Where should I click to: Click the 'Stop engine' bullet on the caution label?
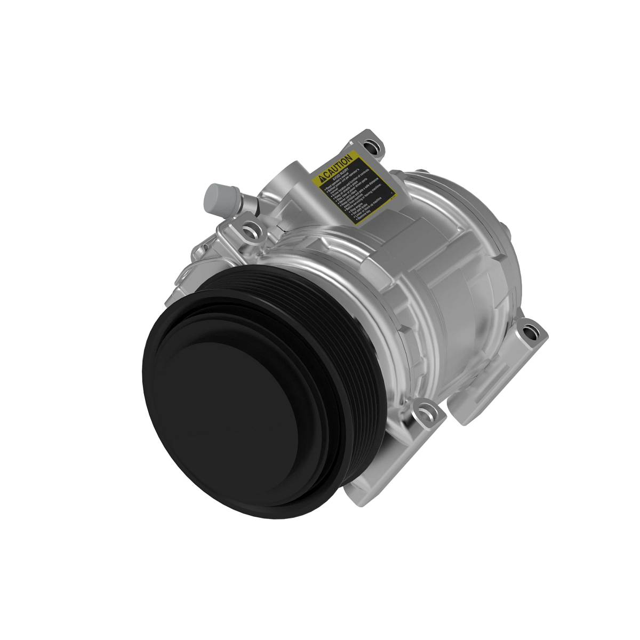[x=356, y=207]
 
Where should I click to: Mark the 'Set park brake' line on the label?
[x=360, y=210]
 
